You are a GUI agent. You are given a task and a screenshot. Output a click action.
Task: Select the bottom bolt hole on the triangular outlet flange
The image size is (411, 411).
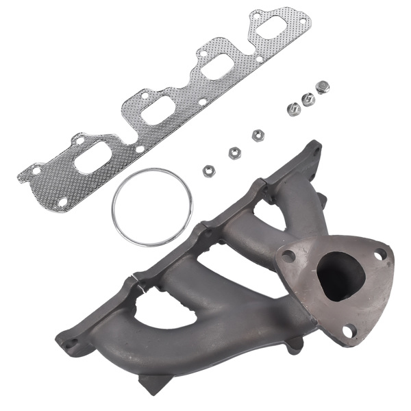pyautogui.click(x=349, y=330)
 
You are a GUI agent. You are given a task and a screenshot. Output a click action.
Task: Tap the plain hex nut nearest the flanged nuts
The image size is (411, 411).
pyautogui.click(x=258, y=136)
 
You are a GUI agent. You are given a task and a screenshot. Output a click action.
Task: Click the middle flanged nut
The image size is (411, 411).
pyautogui.click(x=308, y=99)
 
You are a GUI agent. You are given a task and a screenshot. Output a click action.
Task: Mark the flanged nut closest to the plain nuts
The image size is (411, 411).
pyautogui.click(x=294, y=109)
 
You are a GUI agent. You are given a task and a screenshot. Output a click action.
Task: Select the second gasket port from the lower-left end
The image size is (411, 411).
pyautogui.click(x=158, y=112)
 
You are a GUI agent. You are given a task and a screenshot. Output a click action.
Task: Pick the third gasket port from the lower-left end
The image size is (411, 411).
pyautogui.click(x=216, y=68)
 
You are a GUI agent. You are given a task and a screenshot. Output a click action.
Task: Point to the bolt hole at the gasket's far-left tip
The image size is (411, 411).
pyautogui.click(x=36, y=170)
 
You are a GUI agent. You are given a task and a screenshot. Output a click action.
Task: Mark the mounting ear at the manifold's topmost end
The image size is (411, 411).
pyautogui.click(x=314, y=149)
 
